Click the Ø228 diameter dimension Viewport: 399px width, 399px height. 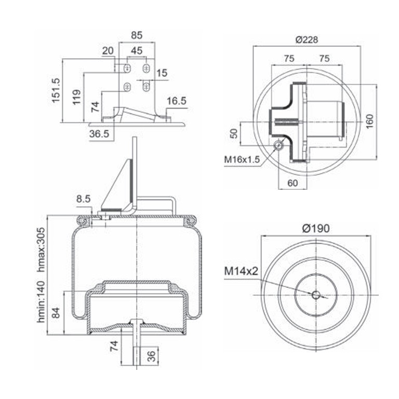(307, 39)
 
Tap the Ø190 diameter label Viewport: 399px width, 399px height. (315, 228)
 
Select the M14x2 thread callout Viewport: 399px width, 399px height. (241, 271)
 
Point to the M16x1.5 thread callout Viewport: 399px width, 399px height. (242, 159)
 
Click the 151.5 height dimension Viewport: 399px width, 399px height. (56, 90)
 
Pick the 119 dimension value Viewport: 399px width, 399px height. (76, 97)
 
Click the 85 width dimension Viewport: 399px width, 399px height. (137, 35)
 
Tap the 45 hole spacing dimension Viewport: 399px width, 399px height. (137, 50)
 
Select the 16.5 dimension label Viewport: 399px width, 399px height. (177, 101)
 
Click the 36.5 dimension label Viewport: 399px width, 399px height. (99, 134)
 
